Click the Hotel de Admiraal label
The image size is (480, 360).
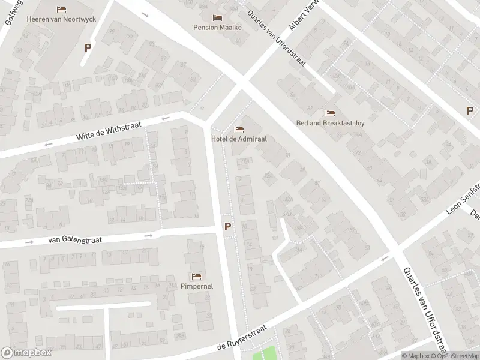click(239, 139)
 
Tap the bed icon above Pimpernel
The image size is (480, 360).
click(196, 277)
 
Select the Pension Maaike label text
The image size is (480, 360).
click(217, 27)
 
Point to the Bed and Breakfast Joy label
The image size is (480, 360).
click(330, 122)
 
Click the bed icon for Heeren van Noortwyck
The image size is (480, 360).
click(61, 9)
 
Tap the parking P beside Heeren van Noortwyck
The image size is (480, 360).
click(88, 47)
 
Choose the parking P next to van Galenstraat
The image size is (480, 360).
click(227, 226)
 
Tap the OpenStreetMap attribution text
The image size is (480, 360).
click(454, 356)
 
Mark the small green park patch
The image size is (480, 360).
click(266, 355)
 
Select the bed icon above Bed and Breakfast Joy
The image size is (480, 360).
click(330, 112)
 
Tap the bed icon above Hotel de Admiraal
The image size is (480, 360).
click(239, 129)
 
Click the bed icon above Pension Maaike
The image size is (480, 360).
click(217, 17)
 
